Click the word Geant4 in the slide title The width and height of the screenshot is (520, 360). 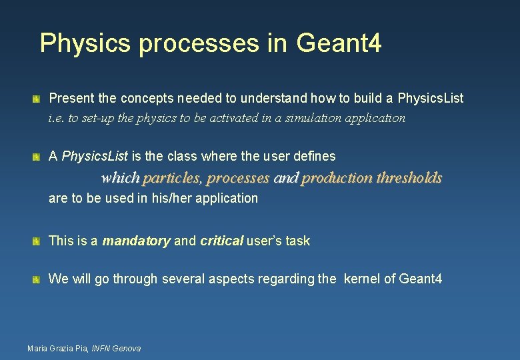click(x=339, y=43)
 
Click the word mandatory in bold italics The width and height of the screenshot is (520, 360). click(x=136, y=241)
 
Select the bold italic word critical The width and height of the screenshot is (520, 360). click(x=221, y=241)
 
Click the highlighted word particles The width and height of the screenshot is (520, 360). click(x=172, y=178)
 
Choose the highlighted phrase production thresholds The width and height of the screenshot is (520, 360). click(x=371, y=178)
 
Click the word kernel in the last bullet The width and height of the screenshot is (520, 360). click(x=362, y=279)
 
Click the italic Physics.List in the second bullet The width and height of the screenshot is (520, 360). click(x=95, y=157)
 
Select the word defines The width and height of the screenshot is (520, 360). click(x=314, y=157)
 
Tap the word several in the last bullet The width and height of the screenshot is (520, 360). click(x=182, y=279)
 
